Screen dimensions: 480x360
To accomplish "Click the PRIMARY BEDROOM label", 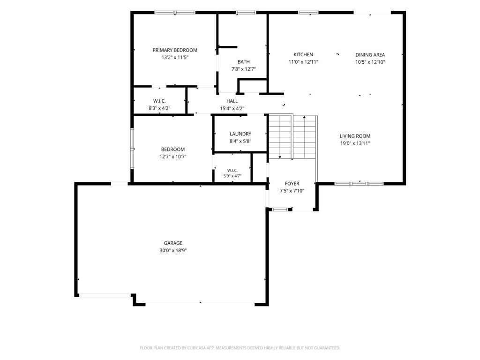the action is (x=175, y=50).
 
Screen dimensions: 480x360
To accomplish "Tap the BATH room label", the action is (x=243, y=62).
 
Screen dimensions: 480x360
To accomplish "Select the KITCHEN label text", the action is (x=303, y=54).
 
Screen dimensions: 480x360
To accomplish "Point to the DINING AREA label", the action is (x=370, y=55).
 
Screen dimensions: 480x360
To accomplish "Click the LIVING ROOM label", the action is (x=355, y=136).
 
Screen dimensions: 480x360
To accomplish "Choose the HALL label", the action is (x=232, y=101).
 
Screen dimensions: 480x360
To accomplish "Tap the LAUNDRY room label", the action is (x=240, y=134).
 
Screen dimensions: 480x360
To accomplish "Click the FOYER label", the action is (x=292, y=184).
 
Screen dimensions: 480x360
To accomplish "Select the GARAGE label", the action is (x=173, y=243).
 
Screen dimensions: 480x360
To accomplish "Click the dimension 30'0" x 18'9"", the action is (x=173, y=250).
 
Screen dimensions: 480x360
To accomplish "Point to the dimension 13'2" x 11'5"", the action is (x=175, y=57).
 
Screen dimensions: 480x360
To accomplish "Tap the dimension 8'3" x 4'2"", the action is (x=159, y=108).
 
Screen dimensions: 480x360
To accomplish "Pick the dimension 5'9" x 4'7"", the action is (x=232, y=176).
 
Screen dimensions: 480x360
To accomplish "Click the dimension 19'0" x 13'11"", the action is (x=355, y=143).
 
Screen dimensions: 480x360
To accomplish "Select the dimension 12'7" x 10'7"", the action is (x=172, y=157).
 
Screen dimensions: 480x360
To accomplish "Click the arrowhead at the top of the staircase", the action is (x=304, y=117).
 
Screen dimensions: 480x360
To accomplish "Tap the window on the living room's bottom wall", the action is (x=359, y=184).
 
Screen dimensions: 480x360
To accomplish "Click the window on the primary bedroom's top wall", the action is (x=175, y=13).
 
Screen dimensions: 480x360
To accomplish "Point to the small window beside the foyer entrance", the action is (x=280, y=210).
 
